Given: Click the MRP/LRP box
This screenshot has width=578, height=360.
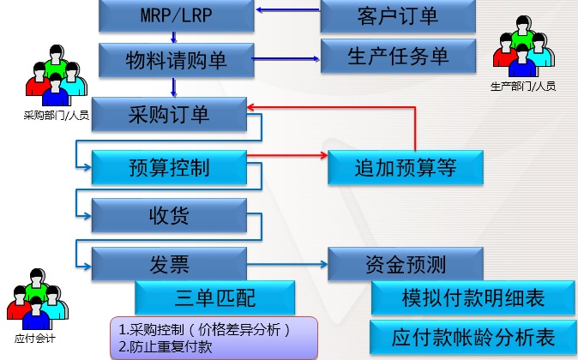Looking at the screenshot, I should point(176,15).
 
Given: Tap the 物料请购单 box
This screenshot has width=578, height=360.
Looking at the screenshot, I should point(176,60).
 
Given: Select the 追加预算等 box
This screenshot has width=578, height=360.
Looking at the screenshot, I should point(406,167).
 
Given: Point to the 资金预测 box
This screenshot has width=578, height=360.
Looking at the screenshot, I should point(406,263).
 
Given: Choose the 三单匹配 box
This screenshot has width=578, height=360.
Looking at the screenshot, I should point(214,298).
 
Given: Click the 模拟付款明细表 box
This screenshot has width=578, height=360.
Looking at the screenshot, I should point(473,298).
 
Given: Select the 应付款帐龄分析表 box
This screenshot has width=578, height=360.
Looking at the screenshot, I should point(473,335).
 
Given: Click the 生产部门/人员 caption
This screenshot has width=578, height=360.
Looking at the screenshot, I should point(523,87).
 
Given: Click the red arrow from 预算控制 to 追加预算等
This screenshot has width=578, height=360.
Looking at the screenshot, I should point(287,156).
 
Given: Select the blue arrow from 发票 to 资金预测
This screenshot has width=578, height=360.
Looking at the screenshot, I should point(287,262).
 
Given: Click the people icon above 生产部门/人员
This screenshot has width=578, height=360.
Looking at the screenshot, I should point(523,50).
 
